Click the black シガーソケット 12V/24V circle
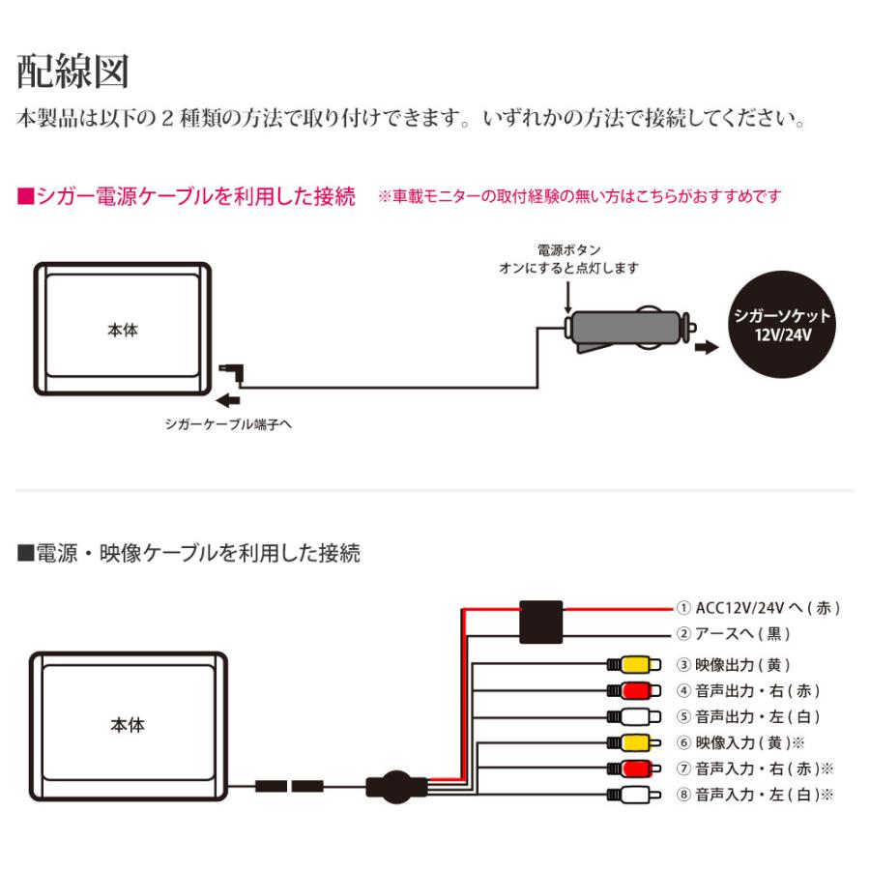click(x=782, y=323)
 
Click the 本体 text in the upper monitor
click(x=123, y=331)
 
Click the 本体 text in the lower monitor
click(x=127, y=724)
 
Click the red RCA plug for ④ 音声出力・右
click(x=633, y=690)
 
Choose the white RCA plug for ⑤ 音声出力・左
click(x=633, y=716)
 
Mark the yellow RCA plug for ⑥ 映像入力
click(x=633, y=742)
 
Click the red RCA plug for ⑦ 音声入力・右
click(x=633, y=768)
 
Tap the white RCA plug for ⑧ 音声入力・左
click(x=633, y=795)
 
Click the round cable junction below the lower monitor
click(x=392, y=785)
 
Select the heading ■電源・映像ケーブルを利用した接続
click(x=188, y=553)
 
